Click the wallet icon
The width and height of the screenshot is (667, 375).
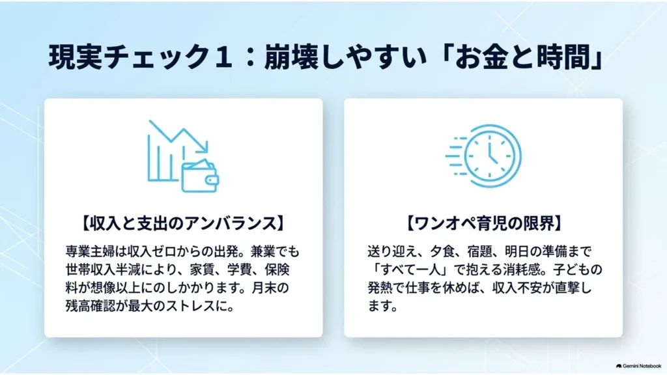pyautogui.click(x=200, y=176)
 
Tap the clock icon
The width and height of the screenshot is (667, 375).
pyautogui.click(x=492, y=156)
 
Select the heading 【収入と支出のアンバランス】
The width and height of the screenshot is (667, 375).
pyautogui.click(x=183, y=223)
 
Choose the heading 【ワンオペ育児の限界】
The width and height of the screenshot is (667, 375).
pyautogui.click(x=483, y=223)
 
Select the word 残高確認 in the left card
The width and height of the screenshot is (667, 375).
pyautogui.click(x=90, y=306)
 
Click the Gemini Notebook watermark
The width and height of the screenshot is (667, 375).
pyautogui.click(x=638, y=366)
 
